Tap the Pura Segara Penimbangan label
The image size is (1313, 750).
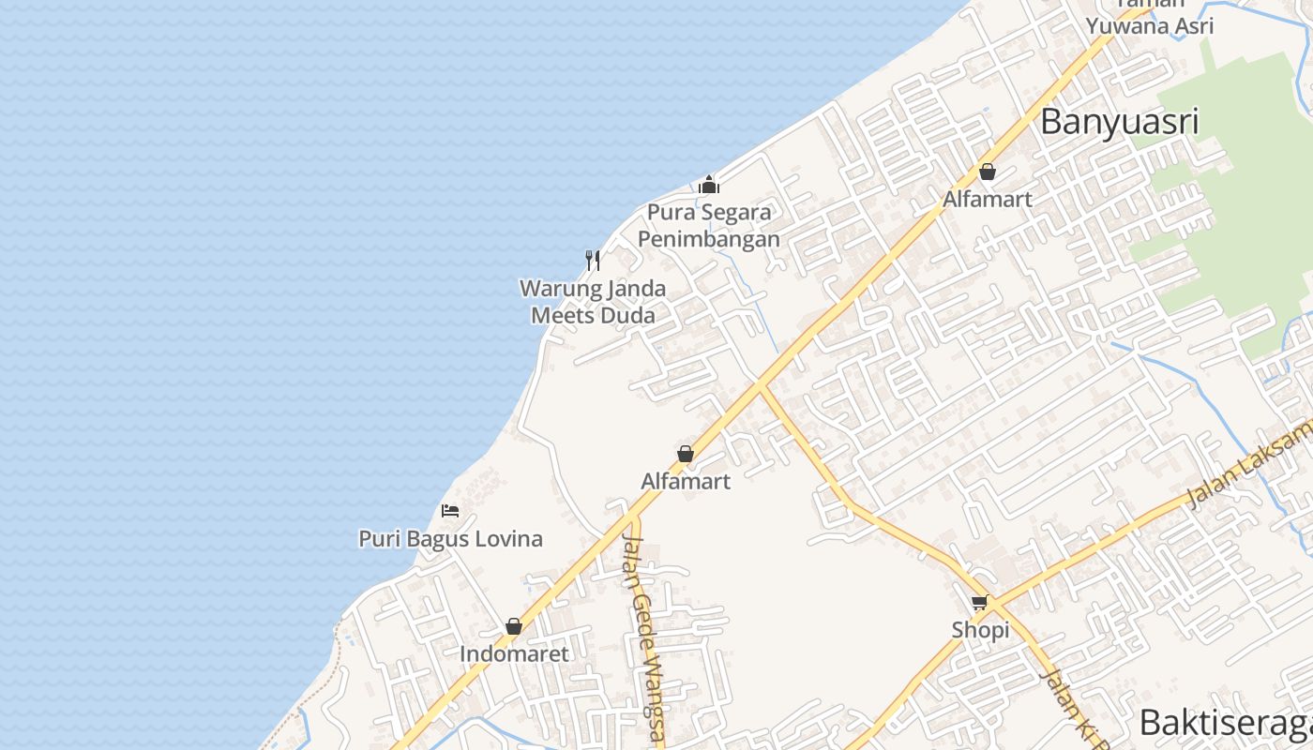(709, 225)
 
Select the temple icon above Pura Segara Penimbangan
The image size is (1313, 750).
(709, 185)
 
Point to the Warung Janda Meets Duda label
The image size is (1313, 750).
(593, 302)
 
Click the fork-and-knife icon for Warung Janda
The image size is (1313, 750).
(593, 260)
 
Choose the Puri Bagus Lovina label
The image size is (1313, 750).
(450, 539)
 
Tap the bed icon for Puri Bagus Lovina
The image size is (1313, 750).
(450, 511)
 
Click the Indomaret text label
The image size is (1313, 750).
(514, 653)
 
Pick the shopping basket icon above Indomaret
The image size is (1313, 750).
(514, 626)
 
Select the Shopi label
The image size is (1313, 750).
(980, 630)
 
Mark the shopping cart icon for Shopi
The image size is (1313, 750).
(980, 602)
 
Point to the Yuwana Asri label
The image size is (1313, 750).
(1150, 25)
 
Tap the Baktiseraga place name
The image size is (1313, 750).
(1225, 724)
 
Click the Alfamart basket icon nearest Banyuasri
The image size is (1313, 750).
(988, 172)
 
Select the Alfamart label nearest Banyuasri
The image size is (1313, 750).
(988, 199)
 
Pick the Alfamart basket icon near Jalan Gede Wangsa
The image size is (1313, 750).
(686, 454)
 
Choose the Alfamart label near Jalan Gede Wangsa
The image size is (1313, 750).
(686, 481)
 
